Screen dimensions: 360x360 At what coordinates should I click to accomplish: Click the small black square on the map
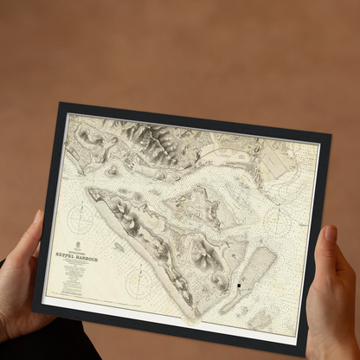point(239,286)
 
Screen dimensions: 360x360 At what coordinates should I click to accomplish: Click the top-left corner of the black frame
point(60,104)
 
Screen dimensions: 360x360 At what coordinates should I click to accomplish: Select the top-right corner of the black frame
point(331,134)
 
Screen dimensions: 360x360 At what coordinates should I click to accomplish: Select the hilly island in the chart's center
point(195,208)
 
